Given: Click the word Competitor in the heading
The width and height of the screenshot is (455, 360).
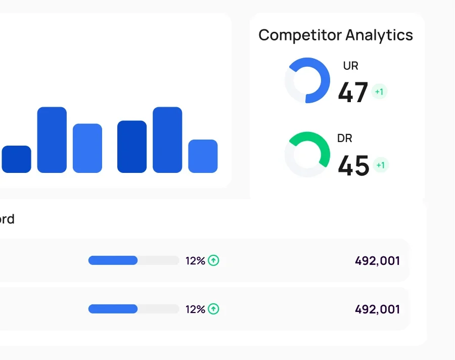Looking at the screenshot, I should tap(300, 35).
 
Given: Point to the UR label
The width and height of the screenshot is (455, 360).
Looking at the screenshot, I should tap(350, 66).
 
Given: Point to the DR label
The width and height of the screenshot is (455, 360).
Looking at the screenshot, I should tap(345, 138).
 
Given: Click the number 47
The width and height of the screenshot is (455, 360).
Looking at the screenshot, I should tap(353, 93).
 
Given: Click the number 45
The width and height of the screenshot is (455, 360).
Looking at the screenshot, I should tap(353, 165).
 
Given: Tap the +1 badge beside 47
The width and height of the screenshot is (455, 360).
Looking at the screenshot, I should tap(379, 92).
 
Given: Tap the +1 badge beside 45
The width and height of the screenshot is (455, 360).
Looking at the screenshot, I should tap(381, 165).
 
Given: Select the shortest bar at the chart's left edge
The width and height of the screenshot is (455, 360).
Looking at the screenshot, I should tap(16, 159).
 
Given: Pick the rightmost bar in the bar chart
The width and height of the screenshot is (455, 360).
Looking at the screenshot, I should tap(203, 156).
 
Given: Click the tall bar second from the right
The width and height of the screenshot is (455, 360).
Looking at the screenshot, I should tap(167, 140).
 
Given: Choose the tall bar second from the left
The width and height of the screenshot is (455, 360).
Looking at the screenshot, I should tap(52, 140).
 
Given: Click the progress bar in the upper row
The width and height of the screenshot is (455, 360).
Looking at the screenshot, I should tap(133, 260).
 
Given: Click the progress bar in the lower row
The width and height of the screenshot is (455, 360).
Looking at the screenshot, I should tap(133, 309).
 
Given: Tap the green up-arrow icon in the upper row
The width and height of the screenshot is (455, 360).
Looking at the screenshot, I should tap(214, 260).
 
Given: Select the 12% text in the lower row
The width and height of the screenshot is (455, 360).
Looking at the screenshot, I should tap(195, 309).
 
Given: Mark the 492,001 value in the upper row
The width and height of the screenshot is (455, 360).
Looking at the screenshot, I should tap(377, 261).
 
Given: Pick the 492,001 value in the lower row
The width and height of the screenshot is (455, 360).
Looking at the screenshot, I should tap(377, 309).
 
